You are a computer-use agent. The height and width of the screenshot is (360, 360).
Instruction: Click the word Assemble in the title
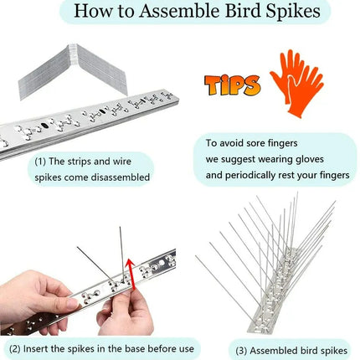pos(180,11)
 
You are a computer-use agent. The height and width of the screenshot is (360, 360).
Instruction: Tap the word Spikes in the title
pos(293,12)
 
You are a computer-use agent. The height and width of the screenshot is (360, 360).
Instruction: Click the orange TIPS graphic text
pos(233,85)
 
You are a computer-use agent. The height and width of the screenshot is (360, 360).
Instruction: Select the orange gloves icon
pos(296,83)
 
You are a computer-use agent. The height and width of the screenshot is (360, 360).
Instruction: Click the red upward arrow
pos(131,275)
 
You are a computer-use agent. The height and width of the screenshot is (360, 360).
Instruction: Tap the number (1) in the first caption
pos(40,162)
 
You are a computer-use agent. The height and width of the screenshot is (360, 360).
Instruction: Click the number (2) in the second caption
pos(15,349)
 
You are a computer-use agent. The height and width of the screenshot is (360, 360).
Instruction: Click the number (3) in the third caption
pos(242,351)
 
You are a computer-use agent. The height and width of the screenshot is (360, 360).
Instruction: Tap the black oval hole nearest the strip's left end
pos(44,126)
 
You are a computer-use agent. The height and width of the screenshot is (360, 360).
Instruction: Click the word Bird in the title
pos(243,11)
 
